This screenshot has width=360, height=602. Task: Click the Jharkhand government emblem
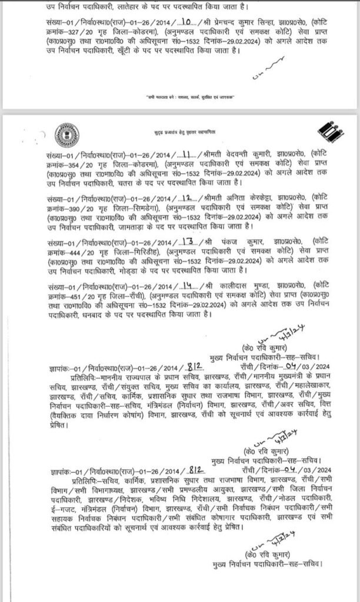click(61, 130)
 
